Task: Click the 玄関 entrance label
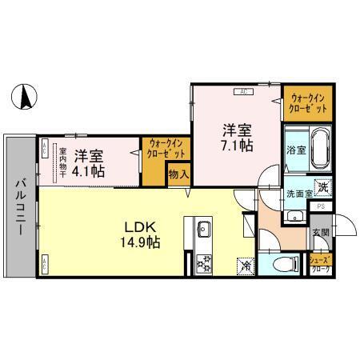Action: click(x=321, y=233)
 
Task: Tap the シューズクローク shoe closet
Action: click(x=322, y=263)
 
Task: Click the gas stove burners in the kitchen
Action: click(x=200, y=260)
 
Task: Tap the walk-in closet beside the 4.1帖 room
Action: click(x=166, y=149)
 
